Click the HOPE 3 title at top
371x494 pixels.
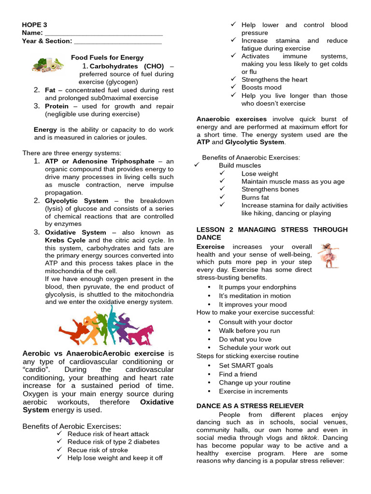34,25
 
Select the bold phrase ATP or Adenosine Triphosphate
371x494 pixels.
100,161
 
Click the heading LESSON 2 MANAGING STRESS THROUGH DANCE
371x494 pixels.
271,233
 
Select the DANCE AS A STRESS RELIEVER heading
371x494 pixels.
250,406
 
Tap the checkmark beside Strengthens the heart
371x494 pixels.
233,79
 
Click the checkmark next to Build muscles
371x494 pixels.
197,165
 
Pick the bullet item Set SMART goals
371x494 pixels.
245,366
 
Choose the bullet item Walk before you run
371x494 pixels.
249,330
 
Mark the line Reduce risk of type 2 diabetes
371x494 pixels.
113,441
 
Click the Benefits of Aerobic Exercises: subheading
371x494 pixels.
71,426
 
